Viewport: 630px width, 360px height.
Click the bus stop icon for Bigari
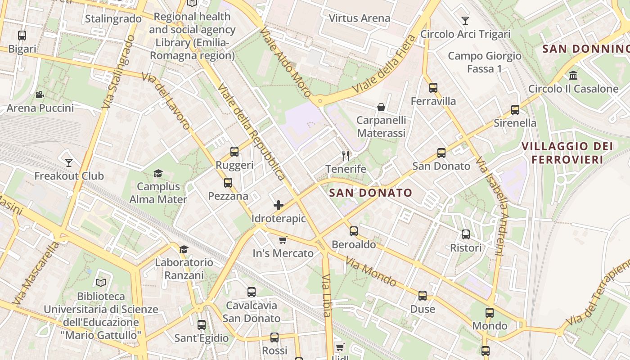(22, 35)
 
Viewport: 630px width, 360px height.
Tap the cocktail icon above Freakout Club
(68, 162)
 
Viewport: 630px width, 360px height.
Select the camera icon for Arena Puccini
(40, 94)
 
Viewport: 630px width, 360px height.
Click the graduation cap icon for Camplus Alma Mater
(158, 173)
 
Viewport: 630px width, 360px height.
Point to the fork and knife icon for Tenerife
(346, 156)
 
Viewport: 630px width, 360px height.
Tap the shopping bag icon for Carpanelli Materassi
(381, 107)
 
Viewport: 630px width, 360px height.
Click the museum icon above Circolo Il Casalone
(573, 75)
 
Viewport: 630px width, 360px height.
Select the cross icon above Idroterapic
(279, 205)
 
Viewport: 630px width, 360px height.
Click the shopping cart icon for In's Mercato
(283, 240)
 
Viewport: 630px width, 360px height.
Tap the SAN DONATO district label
(370, 193)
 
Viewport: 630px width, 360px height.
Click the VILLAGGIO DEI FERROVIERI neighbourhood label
(567, 153)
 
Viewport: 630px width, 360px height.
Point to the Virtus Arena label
(359, 18)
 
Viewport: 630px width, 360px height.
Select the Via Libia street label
(327, 295)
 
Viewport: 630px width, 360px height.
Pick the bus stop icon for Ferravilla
(433, 88)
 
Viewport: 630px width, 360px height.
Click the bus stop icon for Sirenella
(515, 109)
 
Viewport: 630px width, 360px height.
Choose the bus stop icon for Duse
(423, 296)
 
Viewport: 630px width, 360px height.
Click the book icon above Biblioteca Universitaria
(101, 283)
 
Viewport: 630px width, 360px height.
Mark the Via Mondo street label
(371, 272)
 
